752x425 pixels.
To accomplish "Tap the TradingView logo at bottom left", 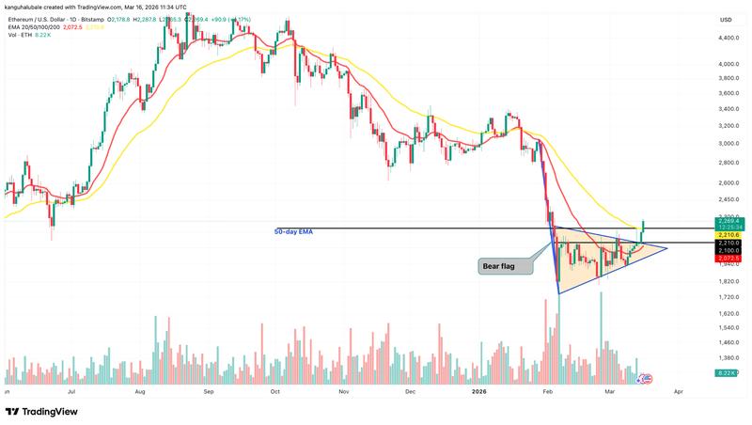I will tap(43, 411).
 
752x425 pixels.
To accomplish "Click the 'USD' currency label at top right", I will tap(725, 20).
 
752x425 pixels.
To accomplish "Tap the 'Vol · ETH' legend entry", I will tap(21, 36).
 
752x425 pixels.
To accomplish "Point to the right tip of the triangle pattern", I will tap(667, 248).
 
